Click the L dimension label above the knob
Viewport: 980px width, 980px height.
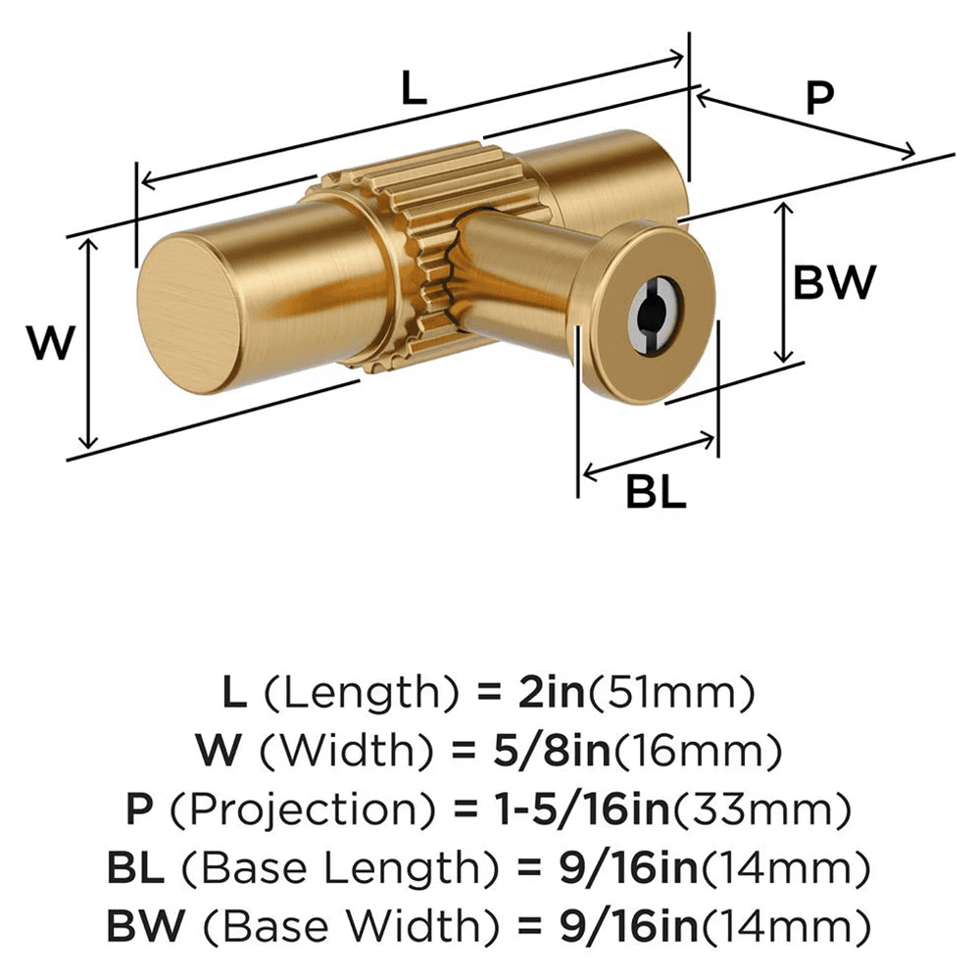coord(415,89)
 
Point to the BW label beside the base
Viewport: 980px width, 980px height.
coord(833,284)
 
